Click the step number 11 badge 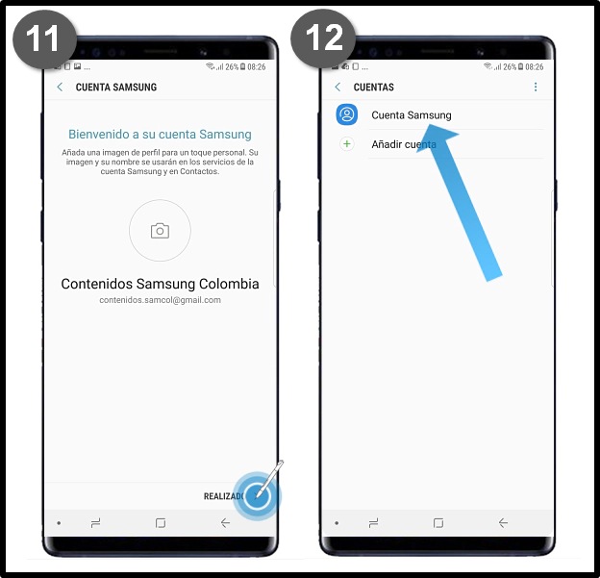tap(44, 39)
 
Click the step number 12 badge tap(323, 38)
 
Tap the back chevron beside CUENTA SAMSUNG tap(60, 87)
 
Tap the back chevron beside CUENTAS tap(337, 87)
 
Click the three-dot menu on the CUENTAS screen tap(536, 87)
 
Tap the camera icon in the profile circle tap(160, 231)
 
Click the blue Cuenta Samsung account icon tap(347, 114)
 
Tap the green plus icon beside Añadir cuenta tap(347, 144)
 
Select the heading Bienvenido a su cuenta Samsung tap(160, 135)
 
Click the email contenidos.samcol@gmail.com tap(160, 300)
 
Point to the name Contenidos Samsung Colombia tap(160, 284)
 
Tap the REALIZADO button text tap(224, 496)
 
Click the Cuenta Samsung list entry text tap(412, 115)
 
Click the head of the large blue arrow tap(436, 137)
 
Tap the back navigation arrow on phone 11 tap(225, 522)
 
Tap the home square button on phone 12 tap(438, 522)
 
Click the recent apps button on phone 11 tap(95, 522)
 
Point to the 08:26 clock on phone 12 tap(535, 67)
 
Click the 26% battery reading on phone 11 tap(232, 67)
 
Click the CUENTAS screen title tap(373, 88)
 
